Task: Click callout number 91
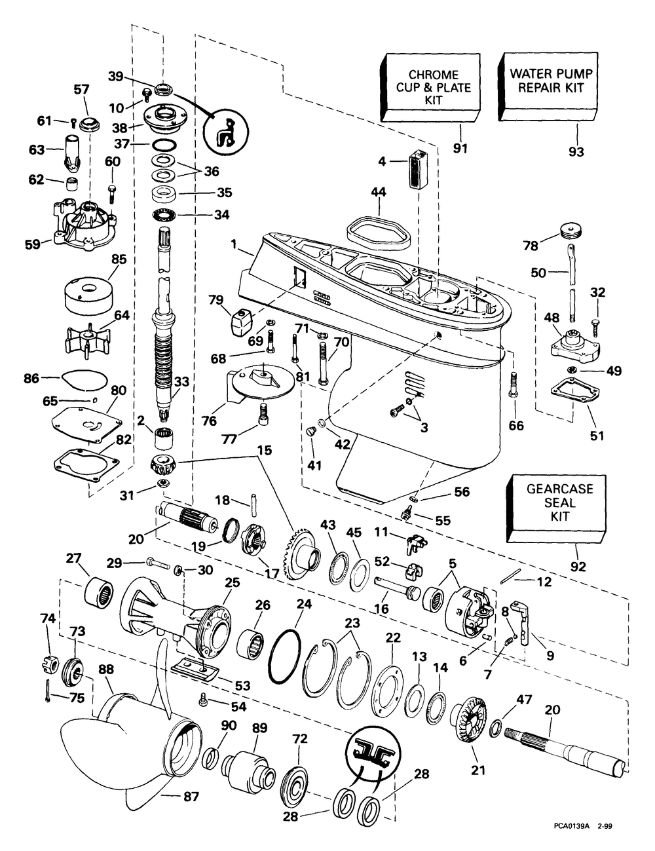(460, 149)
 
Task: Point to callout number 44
(378, 193)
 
